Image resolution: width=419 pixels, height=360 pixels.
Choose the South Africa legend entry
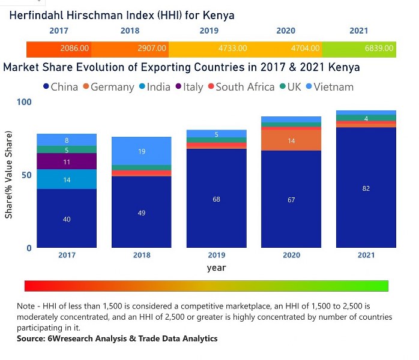coord(240,87)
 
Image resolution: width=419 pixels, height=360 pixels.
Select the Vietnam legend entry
coord(328,87)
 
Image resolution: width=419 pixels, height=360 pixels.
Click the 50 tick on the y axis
coord(25,175)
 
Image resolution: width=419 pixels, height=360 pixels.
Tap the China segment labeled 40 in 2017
coord(67,219)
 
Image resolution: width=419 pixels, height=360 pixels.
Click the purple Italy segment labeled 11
coord(67,161)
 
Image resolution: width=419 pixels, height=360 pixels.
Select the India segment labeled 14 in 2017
coord(67,179)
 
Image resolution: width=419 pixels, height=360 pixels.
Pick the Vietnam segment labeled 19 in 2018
coord(142,151)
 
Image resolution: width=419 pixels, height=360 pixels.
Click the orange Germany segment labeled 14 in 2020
coord(291,140)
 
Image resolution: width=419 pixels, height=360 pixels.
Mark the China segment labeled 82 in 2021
coord(366,188)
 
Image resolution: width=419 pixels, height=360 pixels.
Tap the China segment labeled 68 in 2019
coord(216,199)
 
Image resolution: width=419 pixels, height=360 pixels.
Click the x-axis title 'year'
coord(216,268)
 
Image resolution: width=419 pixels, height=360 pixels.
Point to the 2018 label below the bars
coord(142,255)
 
